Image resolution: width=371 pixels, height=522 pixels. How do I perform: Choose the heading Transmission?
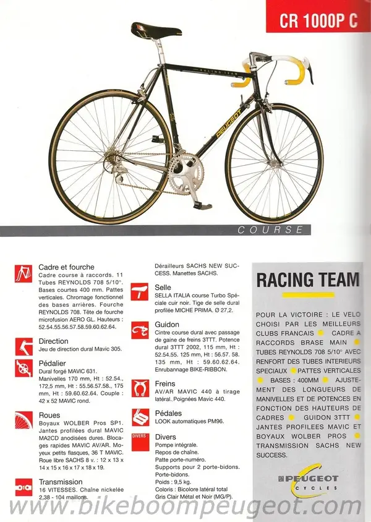pos(61,481)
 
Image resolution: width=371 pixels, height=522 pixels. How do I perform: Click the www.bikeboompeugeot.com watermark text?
pos(185,508)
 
